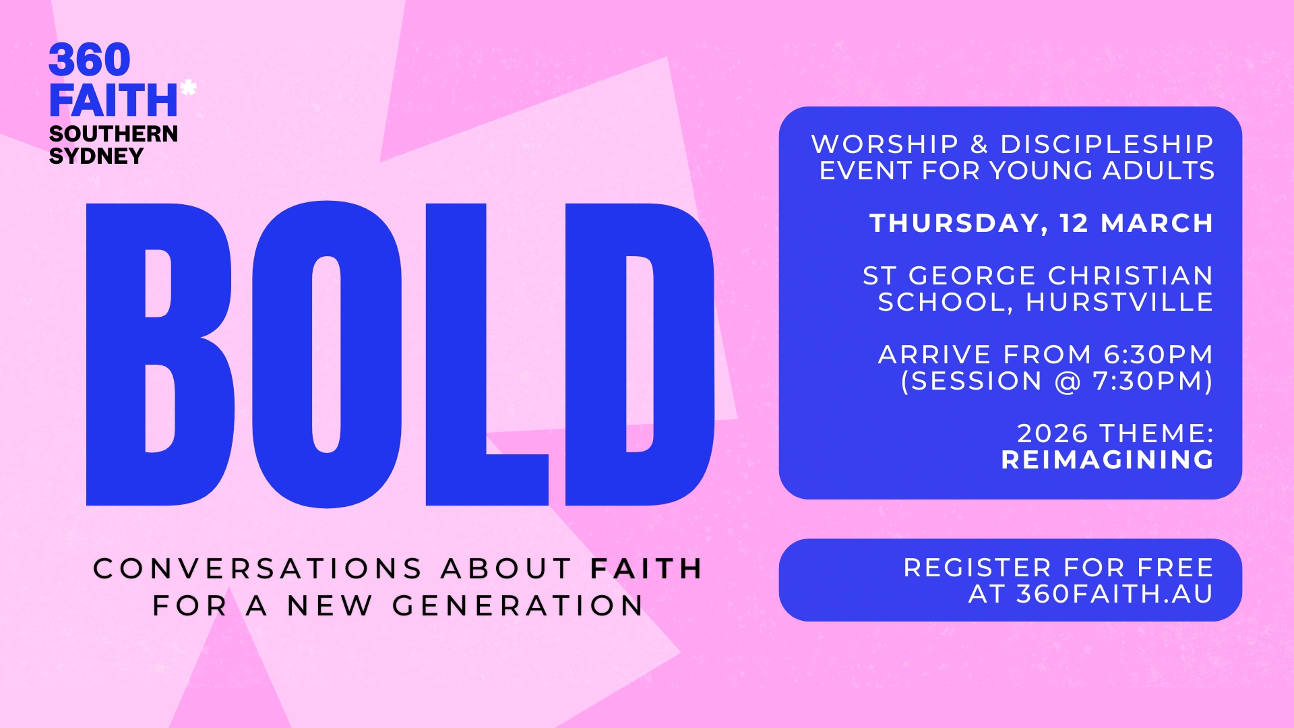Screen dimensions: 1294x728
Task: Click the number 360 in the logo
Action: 90,60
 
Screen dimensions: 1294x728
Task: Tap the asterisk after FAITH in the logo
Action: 189,88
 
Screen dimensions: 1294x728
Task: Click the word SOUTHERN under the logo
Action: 113,133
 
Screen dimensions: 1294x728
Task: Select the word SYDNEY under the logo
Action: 96,156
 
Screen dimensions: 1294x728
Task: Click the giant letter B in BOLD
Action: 160,355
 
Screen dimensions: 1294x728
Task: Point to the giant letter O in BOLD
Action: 327,355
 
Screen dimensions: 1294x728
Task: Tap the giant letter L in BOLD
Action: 487,355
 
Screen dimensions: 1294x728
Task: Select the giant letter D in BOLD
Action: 640,355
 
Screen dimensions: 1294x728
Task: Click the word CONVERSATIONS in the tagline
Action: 257,569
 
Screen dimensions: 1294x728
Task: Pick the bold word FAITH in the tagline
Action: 646,569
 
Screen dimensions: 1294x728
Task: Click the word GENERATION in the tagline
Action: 518,606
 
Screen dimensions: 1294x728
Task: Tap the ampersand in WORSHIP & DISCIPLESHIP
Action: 979,144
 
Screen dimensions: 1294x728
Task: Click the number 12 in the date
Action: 1074,223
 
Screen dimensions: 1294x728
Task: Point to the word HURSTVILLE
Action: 1119,302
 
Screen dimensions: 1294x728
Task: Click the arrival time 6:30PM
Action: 1159,355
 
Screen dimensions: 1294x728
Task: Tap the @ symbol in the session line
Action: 1068,382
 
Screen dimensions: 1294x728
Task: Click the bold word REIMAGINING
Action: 1108,460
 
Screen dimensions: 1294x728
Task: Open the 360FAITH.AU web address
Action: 1115,594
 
